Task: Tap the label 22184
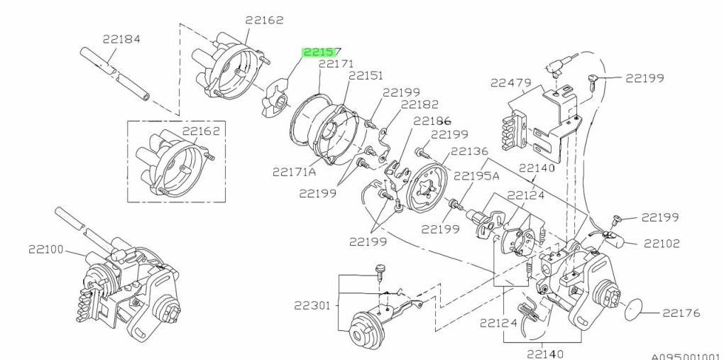[122, 41]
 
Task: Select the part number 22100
[46, 249]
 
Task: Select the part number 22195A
[476, 177]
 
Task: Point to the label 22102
[662, 244]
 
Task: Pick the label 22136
[469, 151]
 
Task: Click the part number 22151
[366, 75]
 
